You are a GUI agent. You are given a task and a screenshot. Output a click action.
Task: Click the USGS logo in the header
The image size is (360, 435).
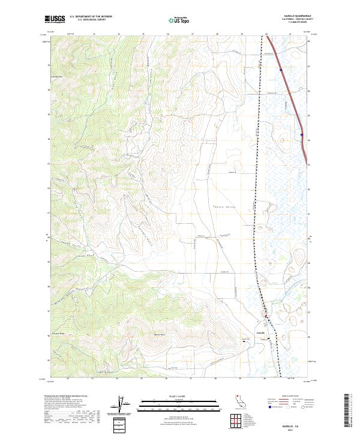[55, 19]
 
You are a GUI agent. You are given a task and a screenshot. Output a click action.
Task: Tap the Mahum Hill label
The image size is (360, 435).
[158, 334]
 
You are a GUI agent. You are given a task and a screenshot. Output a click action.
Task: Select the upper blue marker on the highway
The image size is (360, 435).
[280, 69]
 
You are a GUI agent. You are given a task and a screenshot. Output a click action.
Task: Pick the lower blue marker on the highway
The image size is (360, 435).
[302, 135]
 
